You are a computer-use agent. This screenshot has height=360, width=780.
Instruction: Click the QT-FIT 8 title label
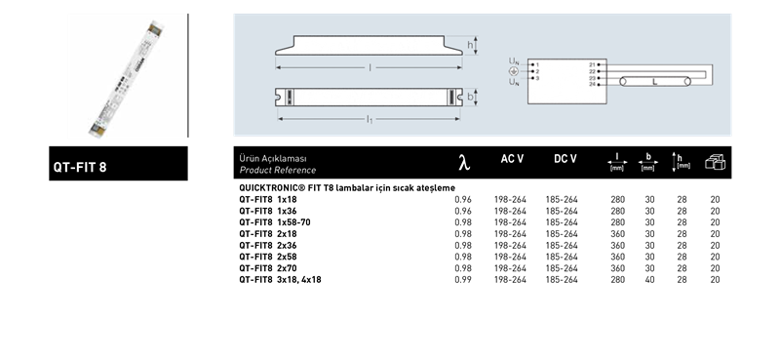[80, 167]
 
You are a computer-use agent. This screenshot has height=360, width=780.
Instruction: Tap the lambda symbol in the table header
[464, 163]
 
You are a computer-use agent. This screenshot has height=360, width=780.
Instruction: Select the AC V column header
[512, 159]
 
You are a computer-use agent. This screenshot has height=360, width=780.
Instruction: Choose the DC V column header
[565, 159]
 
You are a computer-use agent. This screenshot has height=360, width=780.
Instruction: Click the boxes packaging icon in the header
[715, 162]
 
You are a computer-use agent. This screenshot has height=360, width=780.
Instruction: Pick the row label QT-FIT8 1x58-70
[275, 222]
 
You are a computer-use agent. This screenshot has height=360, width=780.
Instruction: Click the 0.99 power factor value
[463, 280]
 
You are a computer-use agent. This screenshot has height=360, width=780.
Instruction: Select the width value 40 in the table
[649, 280]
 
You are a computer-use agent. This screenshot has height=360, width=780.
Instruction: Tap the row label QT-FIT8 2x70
[267, 268]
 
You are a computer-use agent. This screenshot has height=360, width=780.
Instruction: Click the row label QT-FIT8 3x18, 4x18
[280, 280]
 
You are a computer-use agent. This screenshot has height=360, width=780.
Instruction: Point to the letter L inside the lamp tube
[654, 82]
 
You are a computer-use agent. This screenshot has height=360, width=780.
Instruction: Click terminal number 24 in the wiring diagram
[592, 84]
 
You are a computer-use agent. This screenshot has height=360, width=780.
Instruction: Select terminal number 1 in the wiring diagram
[537, 64]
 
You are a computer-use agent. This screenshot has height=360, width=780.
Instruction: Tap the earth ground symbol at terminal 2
[514, 71]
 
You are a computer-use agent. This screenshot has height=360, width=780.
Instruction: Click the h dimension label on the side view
[470, 45]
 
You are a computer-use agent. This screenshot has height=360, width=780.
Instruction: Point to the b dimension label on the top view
[470, 98]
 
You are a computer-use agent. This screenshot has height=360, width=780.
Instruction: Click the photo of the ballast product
[127, 79]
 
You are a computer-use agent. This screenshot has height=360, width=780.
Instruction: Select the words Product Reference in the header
[278, 171]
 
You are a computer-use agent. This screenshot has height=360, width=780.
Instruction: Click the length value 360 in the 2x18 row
[618, 234]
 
